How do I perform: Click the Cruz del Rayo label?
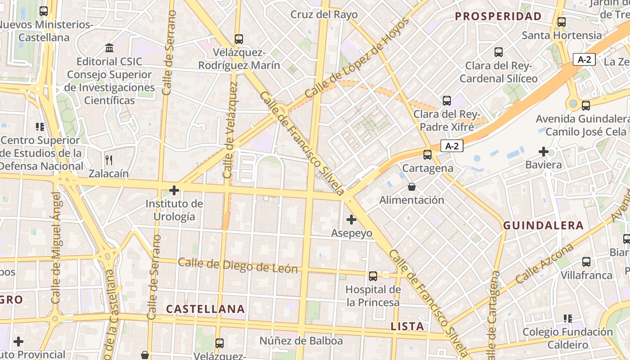click(x=324, y=14)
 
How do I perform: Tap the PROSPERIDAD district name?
click(x=498, y=17)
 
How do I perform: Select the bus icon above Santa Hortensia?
click(x=561, y=22)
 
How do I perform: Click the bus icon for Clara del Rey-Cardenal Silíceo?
click(x=499, y=52)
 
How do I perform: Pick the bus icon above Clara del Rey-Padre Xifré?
click(x=446, y=100)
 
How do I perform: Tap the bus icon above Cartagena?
click(x=427, y=155)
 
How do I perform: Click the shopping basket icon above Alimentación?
click(x=411, y=186)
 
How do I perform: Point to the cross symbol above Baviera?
click(x=544, y=152)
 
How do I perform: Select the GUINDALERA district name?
click(x=543, y=225)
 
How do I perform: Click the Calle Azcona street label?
click(x=544, y=264)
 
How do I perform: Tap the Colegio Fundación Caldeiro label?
click(x=567, y=338)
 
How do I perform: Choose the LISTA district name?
click(x=407, y=326)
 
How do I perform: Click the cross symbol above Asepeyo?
click(x=351, y=220)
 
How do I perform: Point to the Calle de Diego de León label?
click(x=238, y=265)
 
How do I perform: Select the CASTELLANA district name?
click(x=206, y=309)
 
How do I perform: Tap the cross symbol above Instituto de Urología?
click(x=174, y=190)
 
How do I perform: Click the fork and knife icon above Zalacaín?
click(x=108, y=160)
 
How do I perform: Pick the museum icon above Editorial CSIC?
click(x=109, y=48)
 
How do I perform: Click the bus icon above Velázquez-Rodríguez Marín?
click(x=239, y=39)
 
